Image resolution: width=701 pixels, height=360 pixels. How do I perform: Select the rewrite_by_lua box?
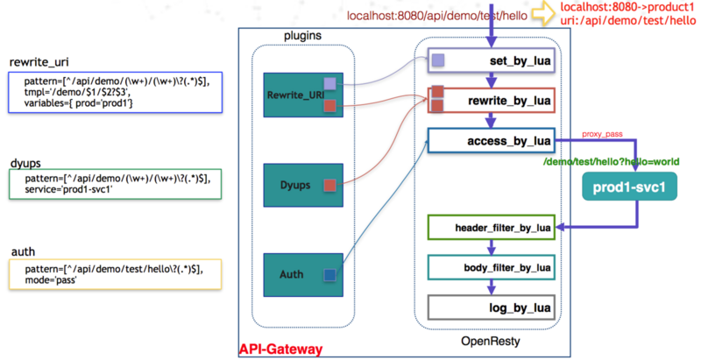tap(490, 101)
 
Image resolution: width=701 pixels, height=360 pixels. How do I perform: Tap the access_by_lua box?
tap(490, 140)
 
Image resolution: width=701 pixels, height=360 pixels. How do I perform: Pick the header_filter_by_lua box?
tap(490, 228)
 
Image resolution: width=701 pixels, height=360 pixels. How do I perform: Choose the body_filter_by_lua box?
tap(490, 267)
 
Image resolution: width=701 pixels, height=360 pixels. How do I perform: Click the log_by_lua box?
tap(490, 307)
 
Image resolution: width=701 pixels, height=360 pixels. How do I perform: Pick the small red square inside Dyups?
tap(329, 185)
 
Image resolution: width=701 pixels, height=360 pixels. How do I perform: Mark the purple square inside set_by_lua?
tap(437, 61)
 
